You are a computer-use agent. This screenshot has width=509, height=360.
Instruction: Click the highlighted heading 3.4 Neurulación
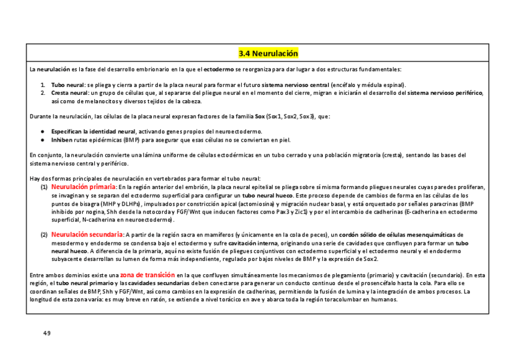(268, 53)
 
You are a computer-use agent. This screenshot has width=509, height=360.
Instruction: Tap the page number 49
(47, 332)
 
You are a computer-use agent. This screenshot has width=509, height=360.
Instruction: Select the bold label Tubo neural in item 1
(67, 85)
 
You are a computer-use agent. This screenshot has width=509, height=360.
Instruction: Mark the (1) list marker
(44, 188)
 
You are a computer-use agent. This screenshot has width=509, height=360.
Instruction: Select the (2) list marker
(44, 235)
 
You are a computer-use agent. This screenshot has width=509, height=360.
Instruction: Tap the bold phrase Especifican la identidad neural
(93, 131)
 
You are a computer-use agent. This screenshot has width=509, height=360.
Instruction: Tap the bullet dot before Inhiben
(42, 140)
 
